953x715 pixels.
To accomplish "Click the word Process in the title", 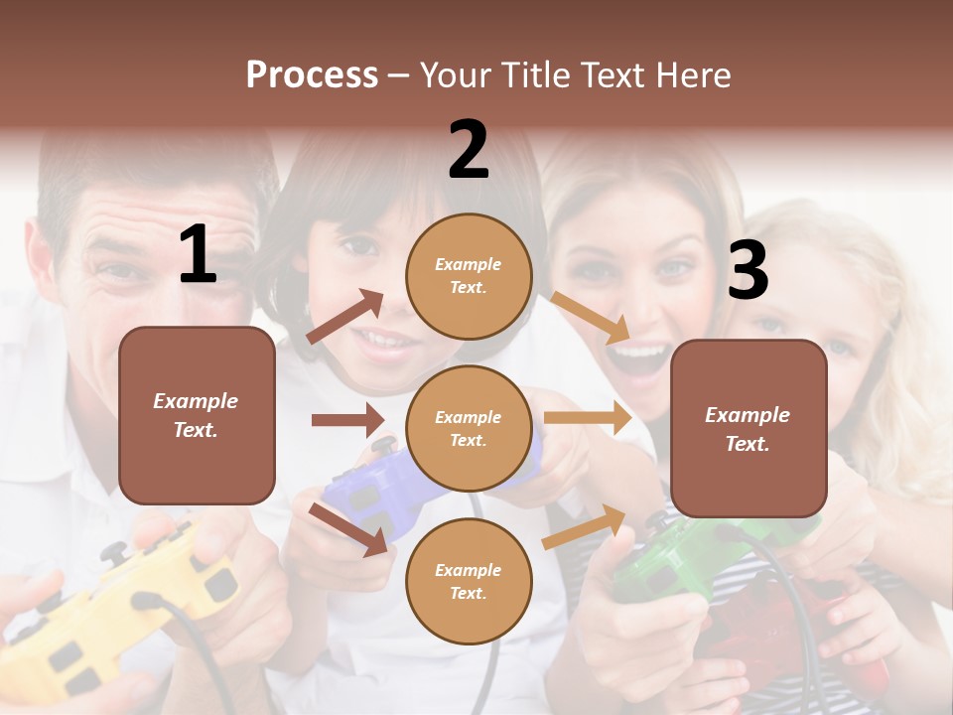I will coord(312,75).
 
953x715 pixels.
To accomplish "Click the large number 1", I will coord(198,254).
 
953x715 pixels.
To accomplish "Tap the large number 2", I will coord(469,150).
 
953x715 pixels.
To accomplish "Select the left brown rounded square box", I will coord(197,415).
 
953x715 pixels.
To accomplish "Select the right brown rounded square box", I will coord(749,429).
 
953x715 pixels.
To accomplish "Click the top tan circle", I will coord(469,276).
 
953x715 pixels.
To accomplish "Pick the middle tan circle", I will coord(469,429).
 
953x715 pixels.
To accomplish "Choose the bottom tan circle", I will coord(469,582).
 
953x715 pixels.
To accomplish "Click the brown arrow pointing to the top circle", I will coord(345,317).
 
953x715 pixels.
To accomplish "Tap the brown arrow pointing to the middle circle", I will coord(347,420).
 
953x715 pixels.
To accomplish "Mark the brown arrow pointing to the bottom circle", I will coord(347,529).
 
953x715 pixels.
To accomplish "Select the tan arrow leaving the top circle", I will coord(591,318).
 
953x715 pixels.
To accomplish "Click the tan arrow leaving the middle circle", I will coord(588,418).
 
